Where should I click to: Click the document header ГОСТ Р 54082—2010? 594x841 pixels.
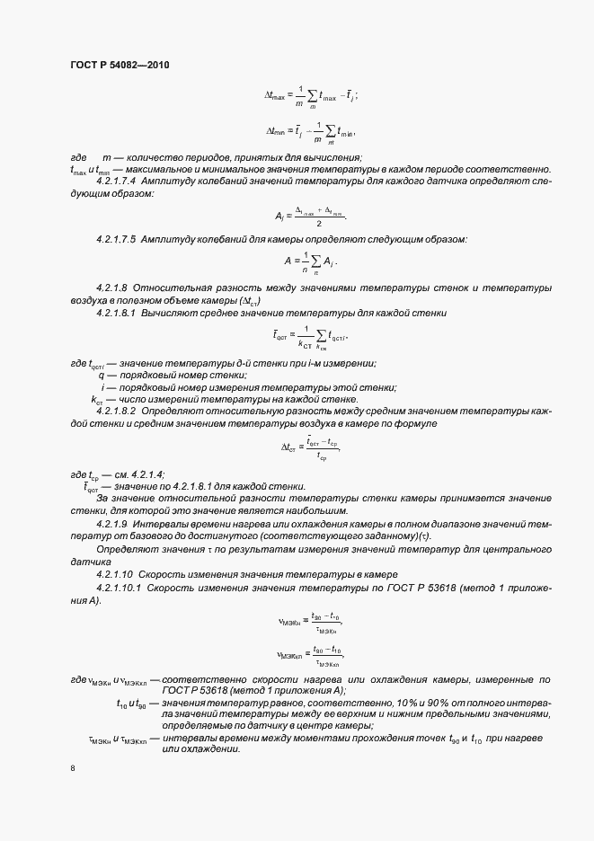120,66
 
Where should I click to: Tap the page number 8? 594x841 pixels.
73,769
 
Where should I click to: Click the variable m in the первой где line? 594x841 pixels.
106,157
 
